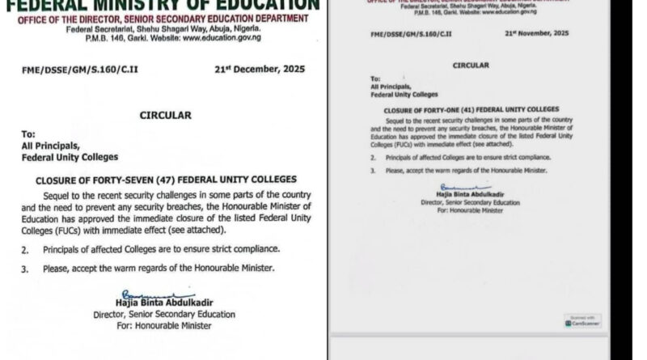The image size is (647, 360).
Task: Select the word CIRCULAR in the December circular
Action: [164, 116]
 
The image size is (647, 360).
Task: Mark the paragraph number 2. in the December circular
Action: [28, 252]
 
